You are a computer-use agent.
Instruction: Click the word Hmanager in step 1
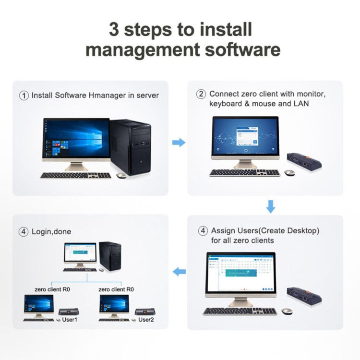pos(107,95)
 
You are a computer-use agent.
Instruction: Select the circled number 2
pos(202,94)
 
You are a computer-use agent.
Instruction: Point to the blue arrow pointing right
pos(179,143)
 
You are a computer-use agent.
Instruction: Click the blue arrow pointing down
pos(271,207)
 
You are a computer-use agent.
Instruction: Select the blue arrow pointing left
pos(179,272)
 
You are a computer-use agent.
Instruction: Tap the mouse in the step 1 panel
pos(121,176)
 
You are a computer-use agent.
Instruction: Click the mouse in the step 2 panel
pos(290,172)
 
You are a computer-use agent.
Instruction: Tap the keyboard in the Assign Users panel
pos(240,311)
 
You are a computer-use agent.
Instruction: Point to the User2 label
pos(146,319)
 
